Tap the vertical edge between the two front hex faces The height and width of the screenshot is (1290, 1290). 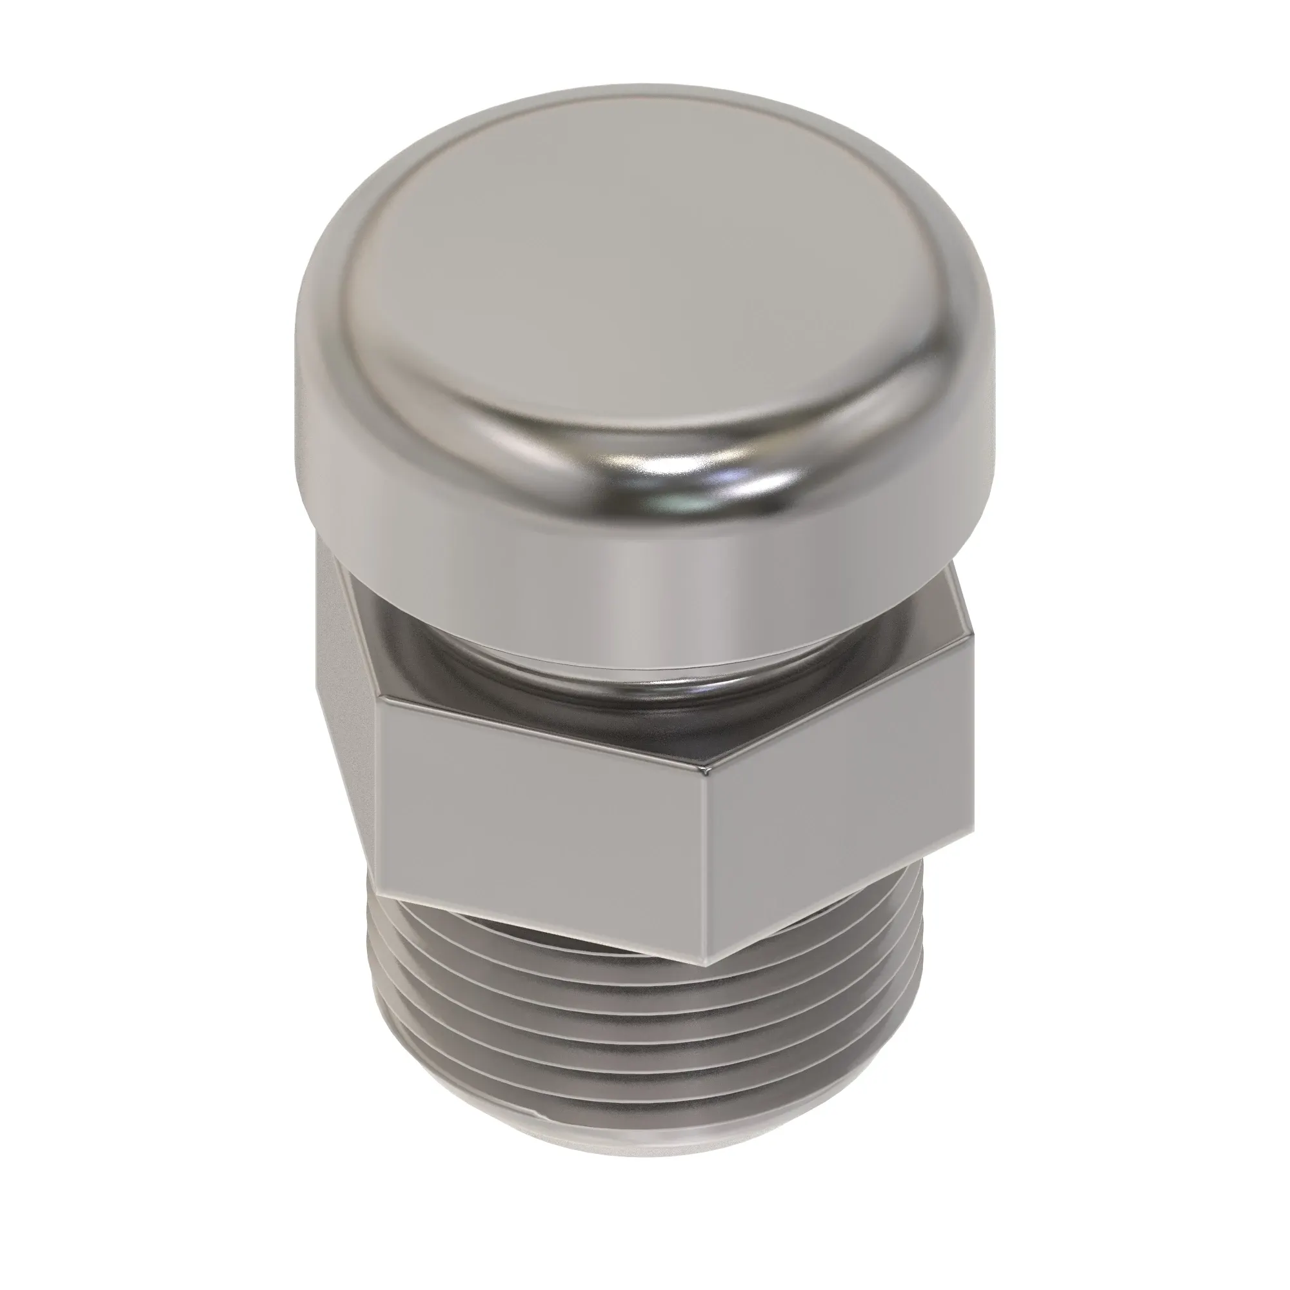(709, 868)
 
